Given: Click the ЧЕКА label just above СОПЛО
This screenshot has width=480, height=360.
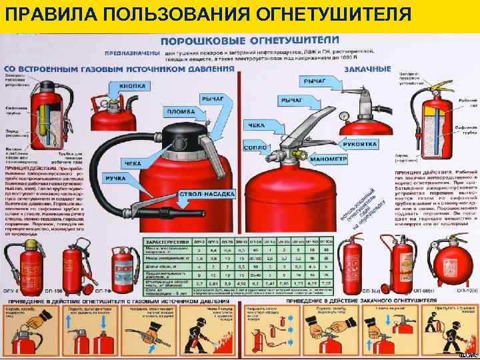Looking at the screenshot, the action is click(257, 125).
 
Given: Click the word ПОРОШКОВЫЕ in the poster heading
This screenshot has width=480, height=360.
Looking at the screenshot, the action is click(193, 41).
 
